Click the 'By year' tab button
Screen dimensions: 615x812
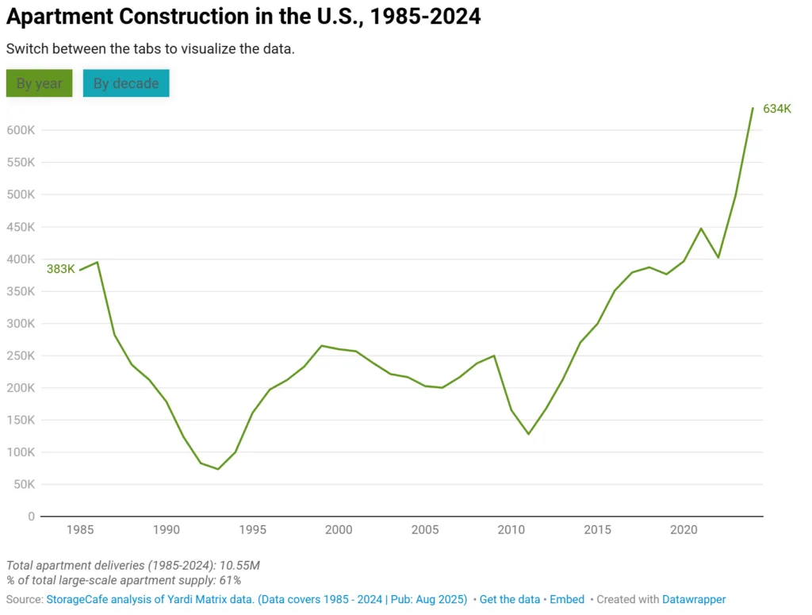(39, 83)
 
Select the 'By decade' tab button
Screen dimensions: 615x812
(126, 83)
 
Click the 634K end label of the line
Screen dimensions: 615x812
(777, 109)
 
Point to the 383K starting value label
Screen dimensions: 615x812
(60, 269)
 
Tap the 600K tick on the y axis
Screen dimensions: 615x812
(20, 130)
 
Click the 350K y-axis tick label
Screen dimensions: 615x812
(20, 291)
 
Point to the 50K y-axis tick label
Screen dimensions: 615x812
(23, 484)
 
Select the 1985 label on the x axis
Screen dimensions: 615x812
(80, 529)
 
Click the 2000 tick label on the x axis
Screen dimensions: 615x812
(339, 529)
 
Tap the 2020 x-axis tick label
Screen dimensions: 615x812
(684, 529)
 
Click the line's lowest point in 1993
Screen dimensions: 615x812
(218, 469)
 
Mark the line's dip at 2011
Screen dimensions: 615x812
(528, 434)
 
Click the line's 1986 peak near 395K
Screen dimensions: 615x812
(98, 262)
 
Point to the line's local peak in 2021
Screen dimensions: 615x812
(701, 229)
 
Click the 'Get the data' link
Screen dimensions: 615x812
(509, 600)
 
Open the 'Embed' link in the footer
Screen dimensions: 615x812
(567, 600)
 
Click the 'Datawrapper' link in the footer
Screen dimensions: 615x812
(694, 600)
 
